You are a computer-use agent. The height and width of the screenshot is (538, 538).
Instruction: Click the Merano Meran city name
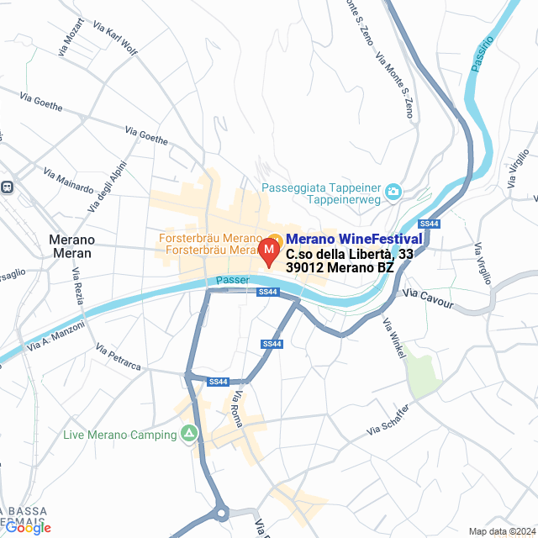tap(72, 246)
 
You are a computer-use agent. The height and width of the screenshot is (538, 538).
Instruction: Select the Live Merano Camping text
tap(120, 435)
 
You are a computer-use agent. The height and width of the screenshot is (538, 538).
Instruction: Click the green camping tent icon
tap(190, 434)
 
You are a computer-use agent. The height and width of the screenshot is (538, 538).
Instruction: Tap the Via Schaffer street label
tap(388, 419)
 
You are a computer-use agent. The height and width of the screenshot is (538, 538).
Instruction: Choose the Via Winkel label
tap(393, 335)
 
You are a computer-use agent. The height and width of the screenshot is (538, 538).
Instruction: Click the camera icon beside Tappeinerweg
tap(393, 194)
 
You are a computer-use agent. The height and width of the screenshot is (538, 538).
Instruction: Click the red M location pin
tap(269, 251)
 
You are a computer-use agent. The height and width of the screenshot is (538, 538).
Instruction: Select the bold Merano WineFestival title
tap(354, 240)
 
